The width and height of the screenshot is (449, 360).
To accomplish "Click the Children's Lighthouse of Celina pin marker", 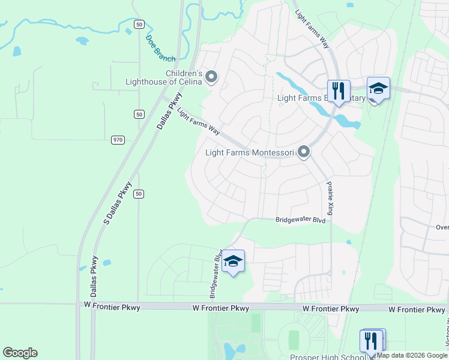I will (211, 77).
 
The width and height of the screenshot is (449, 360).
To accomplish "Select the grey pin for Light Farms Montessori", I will (304, 152).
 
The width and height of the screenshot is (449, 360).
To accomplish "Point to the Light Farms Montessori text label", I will (250, 153).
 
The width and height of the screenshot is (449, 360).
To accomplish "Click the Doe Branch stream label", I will (160, 49).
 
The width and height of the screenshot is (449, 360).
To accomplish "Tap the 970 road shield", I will (118, 140).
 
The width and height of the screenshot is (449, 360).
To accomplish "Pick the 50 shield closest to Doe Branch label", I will (139, 24).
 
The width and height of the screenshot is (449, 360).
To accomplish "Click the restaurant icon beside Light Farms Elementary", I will (339, 91).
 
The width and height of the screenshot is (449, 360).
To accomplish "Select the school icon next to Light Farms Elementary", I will (378, 89).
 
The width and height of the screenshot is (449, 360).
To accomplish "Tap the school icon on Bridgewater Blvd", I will (233, 261).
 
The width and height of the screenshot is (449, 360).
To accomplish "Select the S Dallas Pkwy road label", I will (117, 203).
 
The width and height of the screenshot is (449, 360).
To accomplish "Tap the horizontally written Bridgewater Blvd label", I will (300, 220).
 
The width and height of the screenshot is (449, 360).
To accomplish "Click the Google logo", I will (20, 353).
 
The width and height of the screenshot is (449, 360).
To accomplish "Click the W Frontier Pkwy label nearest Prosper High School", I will (331, 309).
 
